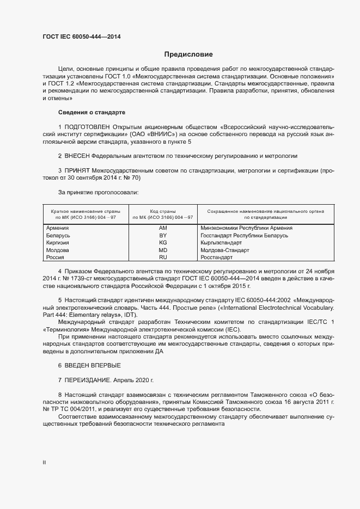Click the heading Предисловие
(x=188, y=54)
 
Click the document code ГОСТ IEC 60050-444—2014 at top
(x=81, y=36)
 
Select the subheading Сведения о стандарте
(x=91, y=112)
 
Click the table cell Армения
(x=58, y=228)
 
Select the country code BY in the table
(x=162, y=236)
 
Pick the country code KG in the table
(x=162, y=243)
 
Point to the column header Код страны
(x=162, y=211)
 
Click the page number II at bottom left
(x=44, y=462)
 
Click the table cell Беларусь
(x=58, y=236)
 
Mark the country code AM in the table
(x=162, y=228)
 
